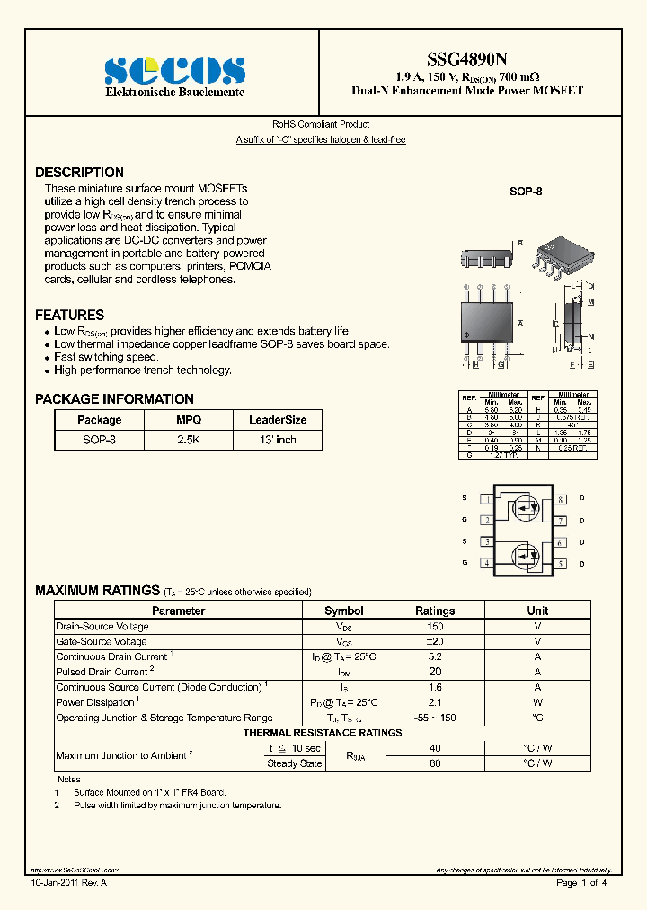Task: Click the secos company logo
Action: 174,70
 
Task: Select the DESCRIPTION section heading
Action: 79,173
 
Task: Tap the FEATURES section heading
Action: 69,315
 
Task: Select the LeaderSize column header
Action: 277,420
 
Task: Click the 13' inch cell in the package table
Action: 277,440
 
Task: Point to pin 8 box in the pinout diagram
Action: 560,498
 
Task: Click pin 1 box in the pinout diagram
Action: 486,498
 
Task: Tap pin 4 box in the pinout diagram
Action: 486,564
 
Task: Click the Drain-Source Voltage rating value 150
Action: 435,627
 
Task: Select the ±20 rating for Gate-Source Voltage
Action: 435,642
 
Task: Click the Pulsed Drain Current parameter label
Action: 102,672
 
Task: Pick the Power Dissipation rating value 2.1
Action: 435,702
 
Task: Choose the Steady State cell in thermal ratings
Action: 294,763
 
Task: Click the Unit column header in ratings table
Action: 537,611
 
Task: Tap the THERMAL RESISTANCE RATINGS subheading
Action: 323,733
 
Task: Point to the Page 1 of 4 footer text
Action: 581,883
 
